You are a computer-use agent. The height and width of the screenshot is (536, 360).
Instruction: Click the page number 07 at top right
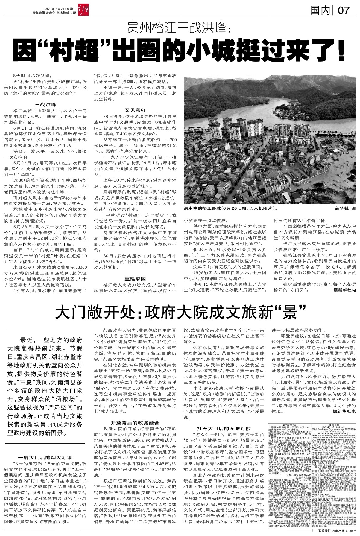(343, 11)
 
